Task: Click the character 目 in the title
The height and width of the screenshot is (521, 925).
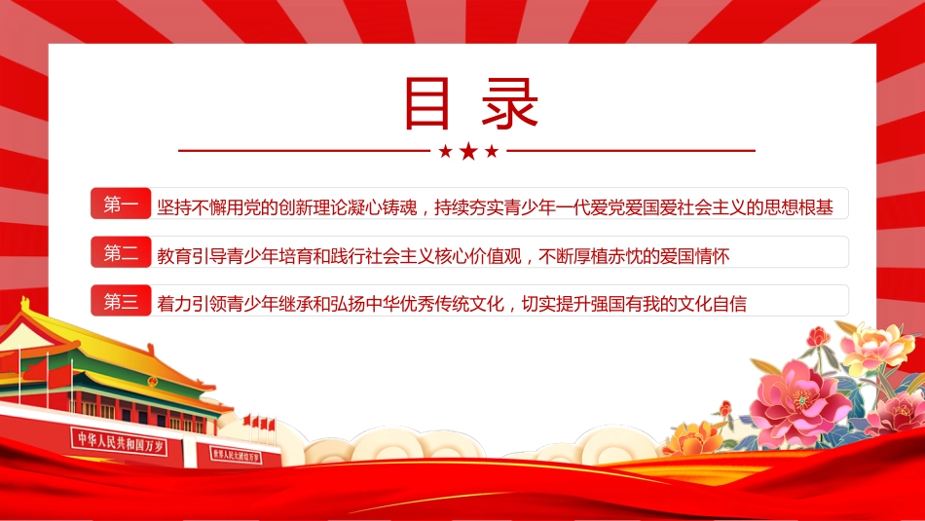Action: pyautogui.click(x=427, y=103)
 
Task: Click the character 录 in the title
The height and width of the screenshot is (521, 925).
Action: pyautogui.click(x=509, y=103)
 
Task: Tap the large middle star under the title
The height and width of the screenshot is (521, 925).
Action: pyautogui.click(x=468, y=151)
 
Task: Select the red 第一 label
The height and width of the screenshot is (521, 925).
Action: pyautogui.click(x=121, y=204)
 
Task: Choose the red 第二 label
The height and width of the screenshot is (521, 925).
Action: pyautogui.click(x=121, y=252)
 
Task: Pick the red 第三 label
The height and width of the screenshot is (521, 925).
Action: pyautogui.click(x=121, y=300)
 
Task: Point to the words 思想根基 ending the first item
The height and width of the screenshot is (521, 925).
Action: pyautogui.click(x=798, y=207)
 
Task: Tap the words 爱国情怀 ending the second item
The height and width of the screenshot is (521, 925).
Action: pyautogui.click(x=694, y=256)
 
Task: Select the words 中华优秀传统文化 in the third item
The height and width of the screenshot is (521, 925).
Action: pyautogui.click(x=435, y=304)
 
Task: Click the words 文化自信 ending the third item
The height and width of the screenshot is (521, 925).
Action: pyautogui.click(x=712, y=304)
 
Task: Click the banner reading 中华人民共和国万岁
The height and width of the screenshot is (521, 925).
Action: pyautogui.click(x=120, y=441)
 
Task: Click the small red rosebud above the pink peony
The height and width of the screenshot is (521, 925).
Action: pyautogui.click(x=818, y=336)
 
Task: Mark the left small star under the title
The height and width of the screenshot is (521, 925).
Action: pyautogui.click(x=445, y=152)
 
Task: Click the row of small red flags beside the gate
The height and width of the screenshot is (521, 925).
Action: pyautogui.click(x=259, y=423)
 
